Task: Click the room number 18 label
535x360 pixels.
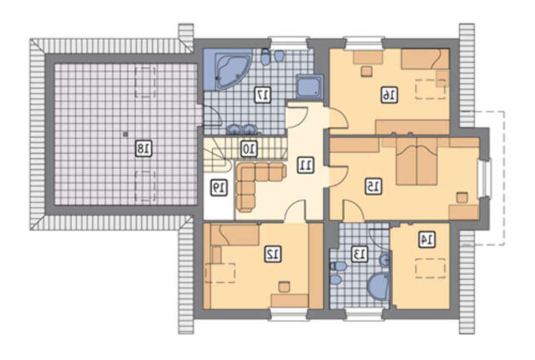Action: pos(143,148)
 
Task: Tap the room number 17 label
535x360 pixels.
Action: pos(263,95)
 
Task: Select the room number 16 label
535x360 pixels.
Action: pos(389,95)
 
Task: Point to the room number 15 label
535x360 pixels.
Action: pos(373,187)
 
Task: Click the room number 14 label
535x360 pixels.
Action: pos(427,239)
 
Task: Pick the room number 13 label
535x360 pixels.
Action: pos(360,254)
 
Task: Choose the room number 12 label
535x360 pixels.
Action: pos(273,254)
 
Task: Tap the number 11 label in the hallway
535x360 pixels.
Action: pos(305,165)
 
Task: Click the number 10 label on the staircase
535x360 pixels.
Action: pos(249,149)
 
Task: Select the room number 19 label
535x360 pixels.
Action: pos(219,188)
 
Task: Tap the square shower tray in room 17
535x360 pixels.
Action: pos(309,86)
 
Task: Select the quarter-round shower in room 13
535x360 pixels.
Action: pos(379,287)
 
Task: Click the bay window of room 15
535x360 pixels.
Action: pos(485,178)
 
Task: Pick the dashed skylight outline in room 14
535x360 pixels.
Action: pos(430,268)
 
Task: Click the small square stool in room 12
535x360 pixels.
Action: pos(284,287)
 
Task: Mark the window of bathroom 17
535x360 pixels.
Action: pos(289,43)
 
